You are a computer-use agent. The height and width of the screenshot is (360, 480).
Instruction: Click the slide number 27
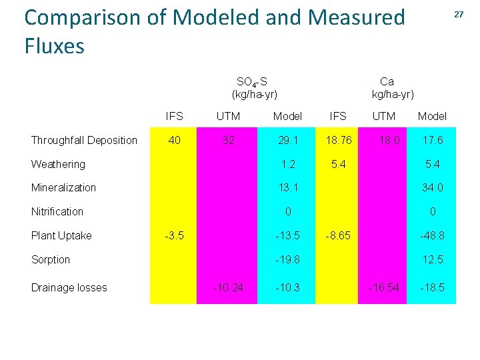pos(459,14)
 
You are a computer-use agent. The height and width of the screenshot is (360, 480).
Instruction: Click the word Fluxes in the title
pos(55,47)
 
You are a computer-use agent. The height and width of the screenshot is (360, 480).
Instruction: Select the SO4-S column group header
pos(254,88)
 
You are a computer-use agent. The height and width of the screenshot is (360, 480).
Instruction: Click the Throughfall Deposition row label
pos(84,140)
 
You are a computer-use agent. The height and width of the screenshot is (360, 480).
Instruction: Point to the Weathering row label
pos(58,164)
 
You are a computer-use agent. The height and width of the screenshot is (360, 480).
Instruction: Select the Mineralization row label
pos(63,188)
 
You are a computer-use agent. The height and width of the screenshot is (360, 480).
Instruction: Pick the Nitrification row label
pos(57,212)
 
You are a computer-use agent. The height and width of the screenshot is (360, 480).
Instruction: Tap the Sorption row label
pos(51,259)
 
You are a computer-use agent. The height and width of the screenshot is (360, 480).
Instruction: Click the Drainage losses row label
pos(69,288)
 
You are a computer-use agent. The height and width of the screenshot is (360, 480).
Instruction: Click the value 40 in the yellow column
pos(174,140)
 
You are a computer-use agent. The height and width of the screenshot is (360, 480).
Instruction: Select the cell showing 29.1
pos(287,140)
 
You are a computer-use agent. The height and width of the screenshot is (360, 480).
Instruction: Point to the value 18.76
pos(338,140)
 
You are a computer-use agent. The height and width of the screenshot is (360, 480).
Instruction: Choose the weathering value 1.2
pos(287,164)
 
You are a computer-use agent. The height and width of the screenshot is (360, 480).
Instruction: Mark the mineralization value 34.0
pos(432,188)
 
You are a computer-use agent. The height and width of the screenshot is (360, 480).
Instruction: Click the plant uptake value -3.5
pos(174,235)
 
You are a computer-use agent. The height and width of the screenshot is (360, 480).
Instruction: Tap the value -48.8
pos(431,235)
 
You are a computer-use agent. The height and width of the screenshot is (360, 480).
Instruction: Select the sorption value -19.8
pos(287,259)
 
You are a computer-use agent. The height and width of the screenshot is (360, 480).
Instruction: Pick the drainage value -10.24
pos(227,288)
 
